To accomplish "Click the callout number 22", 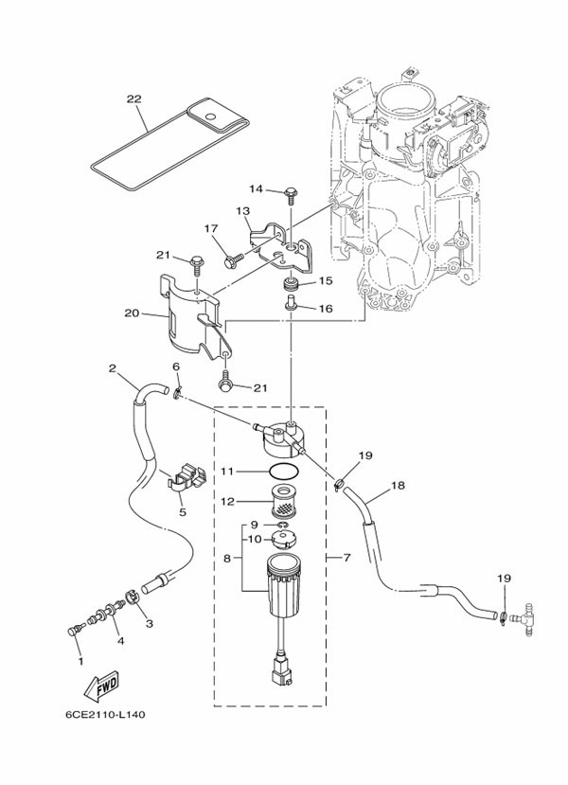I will point(133,98).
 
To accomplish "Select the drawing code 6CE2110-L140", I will point(106,715).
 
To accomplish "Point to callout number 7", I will point(346,558).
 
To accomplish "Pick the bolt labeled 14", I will point(291,195).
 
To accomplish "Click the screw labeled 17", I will point(230,254).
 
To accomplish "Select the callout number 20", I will point(132,312).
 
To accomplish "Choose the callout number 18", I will point(398,486).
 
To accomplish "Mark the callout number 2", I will point(113,367).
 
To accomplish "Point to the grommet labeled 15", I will point(292,284).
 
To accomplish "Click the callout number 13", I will point(242,211).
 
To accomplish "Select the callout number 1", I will point(80,660).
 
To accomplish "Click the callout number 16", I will point(325,309).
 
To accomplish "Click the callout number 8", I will point(227,560).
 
